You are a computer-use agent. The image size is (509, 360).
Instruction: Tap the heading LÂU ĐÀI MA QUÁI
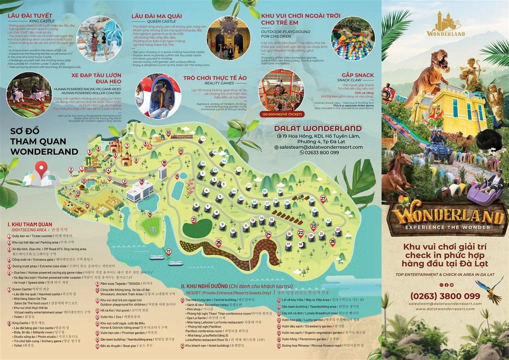pos(156,16)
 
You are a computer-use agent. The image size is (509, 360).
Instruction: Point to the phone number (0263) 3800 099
pos(445,296)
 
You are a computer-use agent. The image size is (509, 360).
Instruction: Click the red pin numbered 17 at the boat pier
pos(169,252)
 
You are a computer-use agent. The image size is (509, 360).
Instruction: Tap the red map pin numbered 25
pos(218,242)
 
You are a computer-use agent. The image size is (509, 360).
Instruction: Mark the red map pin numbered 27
pos(323,198)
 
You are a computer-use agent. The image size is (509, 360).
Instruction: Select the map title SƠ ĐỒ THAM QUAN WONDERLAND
pos(44,141)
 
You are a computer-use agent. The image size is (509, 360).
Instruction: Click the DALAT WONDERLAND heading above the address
pos(317,128)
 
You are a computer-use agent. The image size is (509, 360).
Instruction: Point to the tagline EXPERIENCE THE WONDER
pos(447,227)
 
